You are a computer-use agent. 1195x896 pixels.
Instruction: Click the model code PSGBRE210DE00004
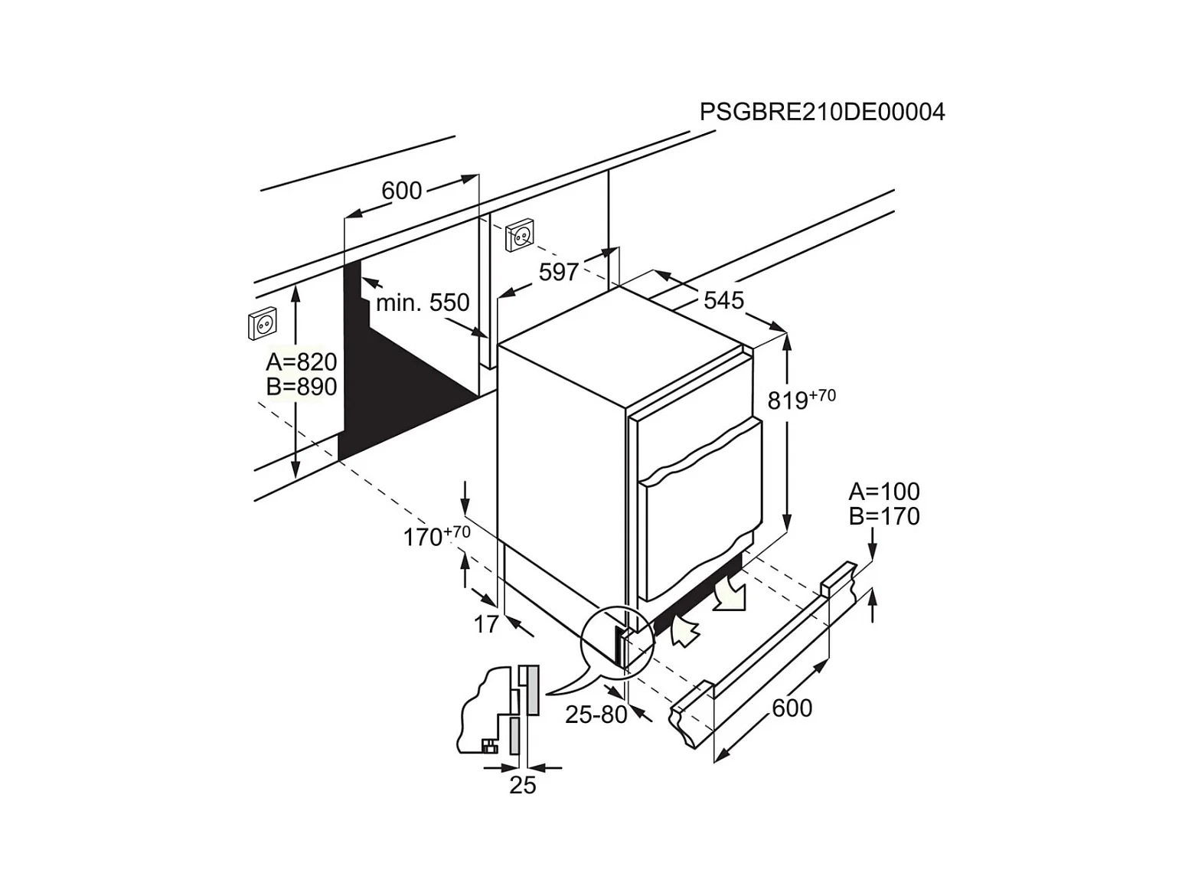[822, 113]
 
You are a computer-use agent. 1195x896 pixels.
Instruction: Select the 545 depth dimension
[723, 300]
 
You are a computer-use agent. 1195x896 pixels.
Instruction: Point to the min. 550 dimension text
[422, 302]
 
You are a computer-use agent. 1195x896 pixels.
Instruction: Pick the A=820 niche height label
[301, 361]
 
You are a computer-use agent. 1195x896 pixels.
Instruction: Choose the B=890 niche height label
[301, 387]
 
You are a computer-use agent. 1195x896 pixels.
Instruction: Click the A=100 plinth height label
[884, 491]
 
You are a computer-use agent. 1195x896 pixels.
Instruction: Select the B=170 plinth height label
[884, 516]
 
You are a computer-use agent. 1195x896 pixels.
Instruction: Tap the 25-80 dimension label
[596, 715]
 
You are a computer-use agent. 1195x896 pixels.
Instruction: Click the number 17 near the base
[486, 625]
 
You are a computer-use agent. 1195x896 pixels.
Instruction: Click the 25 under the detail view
[523, 785]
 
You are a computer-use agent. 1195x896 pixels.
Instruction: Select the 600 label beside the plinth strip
[792, 708]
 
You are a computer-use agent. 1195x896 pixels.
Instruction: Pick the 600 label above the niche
[401, 190]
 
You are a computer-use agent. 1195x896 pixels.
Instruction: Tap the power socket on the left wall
[263, 324]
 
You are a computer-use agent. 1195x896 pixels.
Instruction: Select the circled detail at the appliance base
[617, 641]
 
